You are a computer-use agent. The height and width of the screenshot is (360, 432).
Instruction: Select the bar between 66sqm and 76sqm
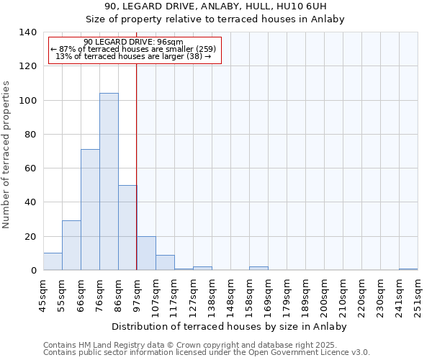coord(90,210)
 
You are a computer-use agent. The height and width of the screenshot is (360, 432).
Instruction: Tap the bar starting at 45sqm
coord(53,261)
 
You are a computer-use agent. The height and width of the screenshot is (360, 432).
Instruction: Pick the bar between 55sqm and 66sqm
coord(71,246)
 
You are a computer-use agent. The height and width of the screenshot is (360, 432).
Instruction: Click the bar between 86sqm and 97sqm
coord(127,228)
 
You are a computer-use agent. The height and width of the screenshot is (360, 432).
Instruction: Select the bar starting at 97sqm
coord(146,253)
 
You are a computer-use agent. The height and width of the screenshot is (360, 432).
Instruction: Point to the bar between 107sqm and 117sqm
coord(165,263)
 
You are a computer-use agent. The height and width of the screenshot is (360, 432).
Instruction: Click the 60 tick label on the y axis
coord(30,168)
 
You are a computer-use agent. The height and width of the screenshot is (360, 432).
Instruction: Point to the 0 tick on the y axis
coord(33,271)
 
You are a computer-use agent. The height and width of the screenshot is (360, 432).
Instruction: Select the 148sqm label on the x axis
coord(230,297)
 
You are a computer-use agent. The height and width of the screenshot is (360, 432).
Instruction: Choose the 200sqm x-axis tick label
coord(324,297)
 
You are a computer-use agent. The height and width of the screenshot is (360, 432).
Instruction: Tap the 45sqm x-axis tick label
coord(43,297)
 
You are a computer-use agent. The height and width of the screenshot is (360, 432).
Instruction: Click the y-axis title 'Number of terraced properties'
coord(6,155)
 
